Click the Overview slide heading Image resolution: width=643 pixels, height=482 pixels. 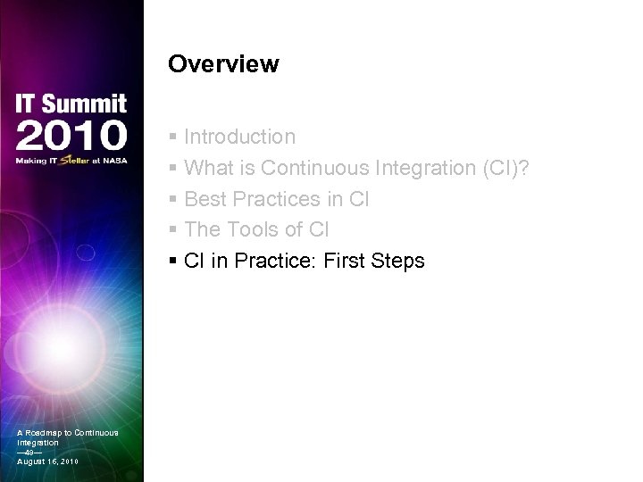223,65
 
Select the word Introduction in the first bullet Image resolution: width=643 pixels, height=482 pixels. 239,137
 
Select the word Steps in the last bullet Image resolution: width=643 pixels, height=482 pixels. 399,262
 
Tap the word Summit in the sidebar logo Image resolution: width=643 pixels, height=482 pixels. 86,104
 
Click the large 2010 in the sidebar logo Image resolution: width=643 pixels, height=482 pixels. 71,136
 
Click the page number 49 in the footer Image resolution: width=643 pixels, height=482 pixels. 29,452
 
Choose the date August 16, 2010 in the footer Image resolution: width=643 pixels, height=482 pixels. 47,461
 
